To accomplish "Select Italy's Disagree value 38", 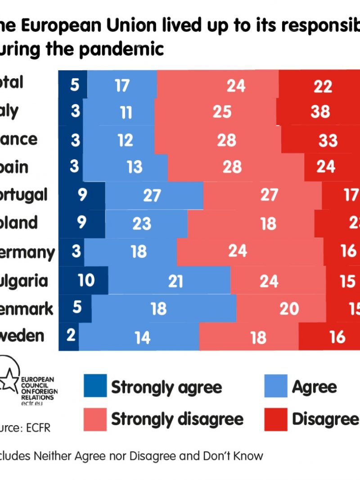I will click(x=320, y=111).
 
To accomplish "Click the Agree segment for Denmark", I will click(x=159, y=309).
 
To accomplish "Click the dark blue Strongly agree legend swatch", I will click(x=95, y=386).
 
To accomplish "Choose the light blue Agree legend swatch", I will click(x=276, y=386).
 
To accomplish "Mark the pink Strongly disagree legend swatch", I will click(x=95, y=419).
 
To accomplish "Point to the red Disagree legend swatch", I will click(x=276, y=419).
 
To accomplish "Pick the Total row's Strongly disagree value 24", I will click(x=236, y=85).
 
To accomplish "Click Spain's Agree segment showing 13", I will click(x=134, y=167).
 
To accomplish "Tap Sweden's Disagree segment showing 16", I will click(x=337, y=337).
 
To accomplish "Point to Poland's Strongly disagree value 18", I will click(x=269, y=224).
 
